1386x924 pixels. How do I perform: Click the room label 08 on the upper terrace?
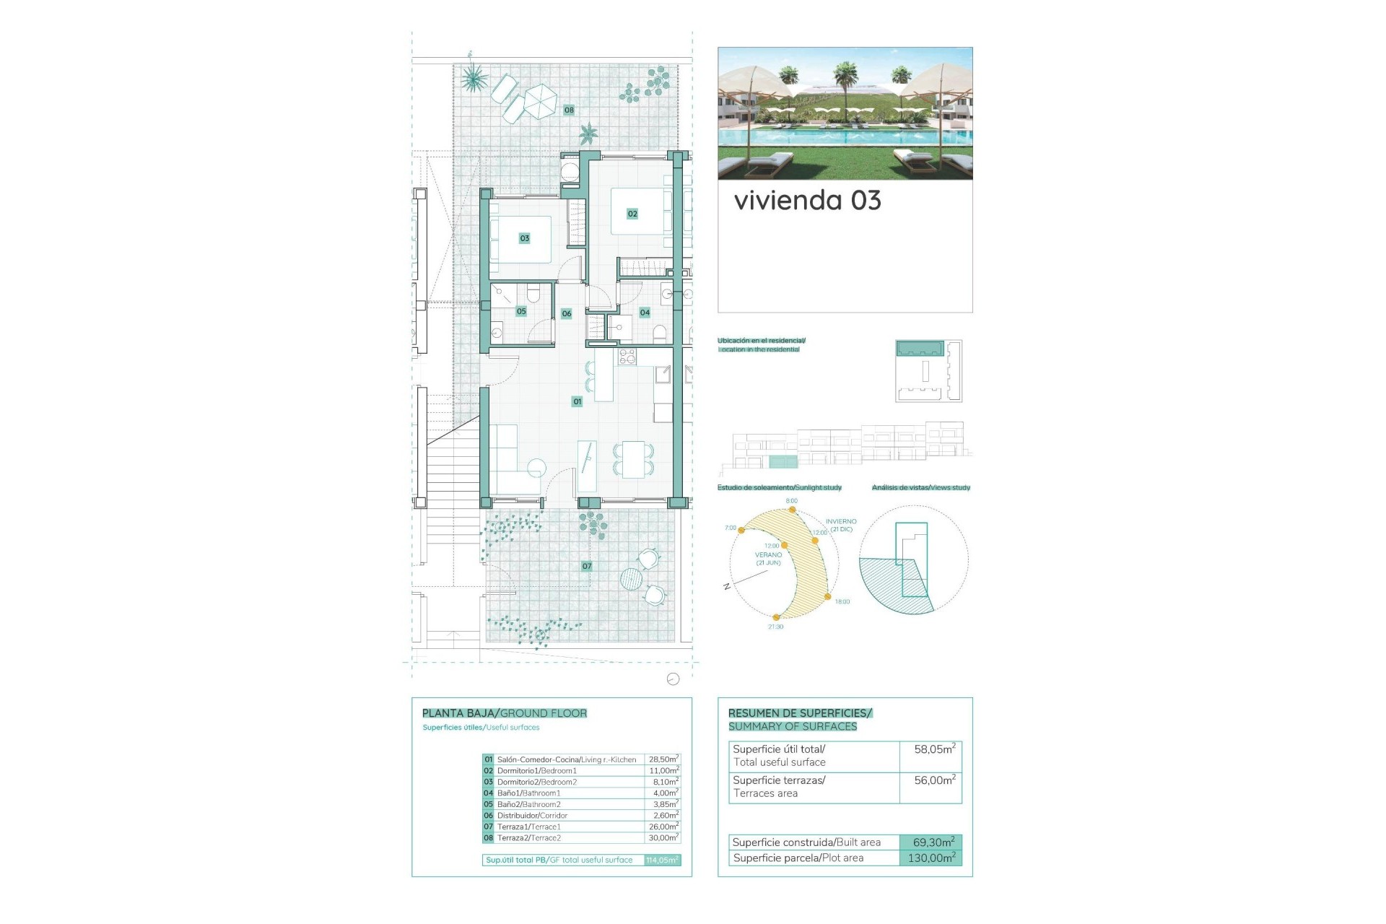[569, 110]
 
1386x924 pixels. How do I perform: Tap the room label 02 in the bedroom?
[632, 214]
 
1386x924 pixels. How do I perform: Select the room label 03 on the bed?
[525, 238]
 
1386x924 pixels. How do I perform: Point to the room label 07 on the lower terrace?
[587, 567]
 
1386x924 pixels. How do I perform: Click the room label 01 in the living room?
[577, 401]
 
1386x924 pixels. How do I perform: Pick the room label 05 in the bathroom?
[521, 312]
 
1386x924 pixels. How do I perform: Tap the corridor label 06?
[567, 313]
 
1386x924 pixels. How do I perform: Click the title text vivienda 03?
[807, 201]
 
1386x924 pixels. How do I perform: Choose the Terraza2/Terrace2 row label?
[528, 838]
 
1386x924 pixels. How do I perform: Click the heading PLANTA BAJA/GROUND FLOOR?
[504, 713]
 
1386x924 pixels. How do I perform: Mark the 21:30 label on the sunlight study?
[775, 627]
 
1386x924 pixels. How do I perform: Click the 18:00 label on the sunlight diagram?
[842, 601]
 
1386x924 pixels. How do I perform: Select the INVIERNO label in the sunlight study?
[841, 521]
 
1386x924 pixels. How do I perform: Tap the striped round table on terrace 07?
[631, 579]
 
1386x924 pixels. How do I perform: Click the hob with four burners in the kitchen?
[627, 356]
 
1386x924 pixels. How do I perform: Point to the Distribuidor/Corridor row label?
[532, 816]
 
